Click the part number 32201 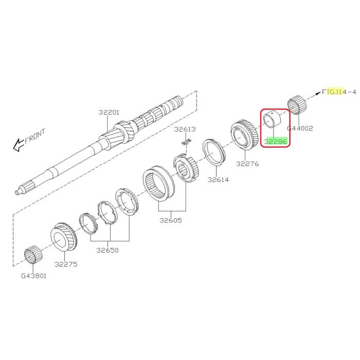(x=109, y=112)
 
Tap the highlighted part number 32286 (x=276, y=140)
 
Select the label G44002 (x=300, y=129)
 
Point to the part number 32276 (x=247, y=165)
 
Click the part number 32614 (x=218, y=180)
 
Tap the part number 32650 (x=107, y=250)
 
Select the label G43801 (x=34, y=276)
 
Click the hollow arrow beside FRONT (x=19, y=145)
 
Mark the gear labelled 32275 (x=64, y=238)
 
